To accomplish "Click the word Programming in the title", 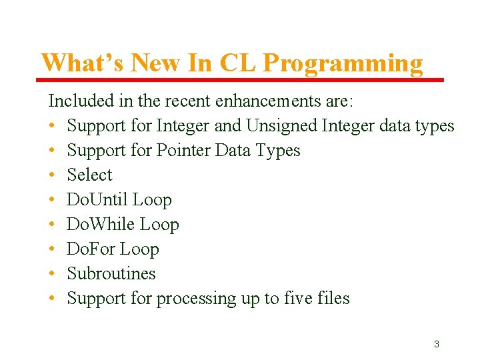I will click(x=343, y=63).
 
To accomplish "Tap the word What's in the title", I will click(x=83, y=63).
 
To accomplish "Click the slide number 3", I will click(x=436, y=344).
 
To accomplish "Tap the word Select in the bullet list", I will click(x=90, y=175).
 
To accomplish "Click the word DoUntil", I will click(x=97, y=199).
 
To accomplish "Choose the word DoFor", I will click(x=89, y=249).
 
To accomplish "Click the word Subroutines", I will click(x=111, y=273).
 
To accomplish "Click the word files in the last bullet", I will click(x=334, y=298).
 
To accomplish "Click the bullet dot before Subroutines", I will click(x=52, y=274).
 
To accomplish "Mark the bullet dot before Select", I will click(x=52, y=175).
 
